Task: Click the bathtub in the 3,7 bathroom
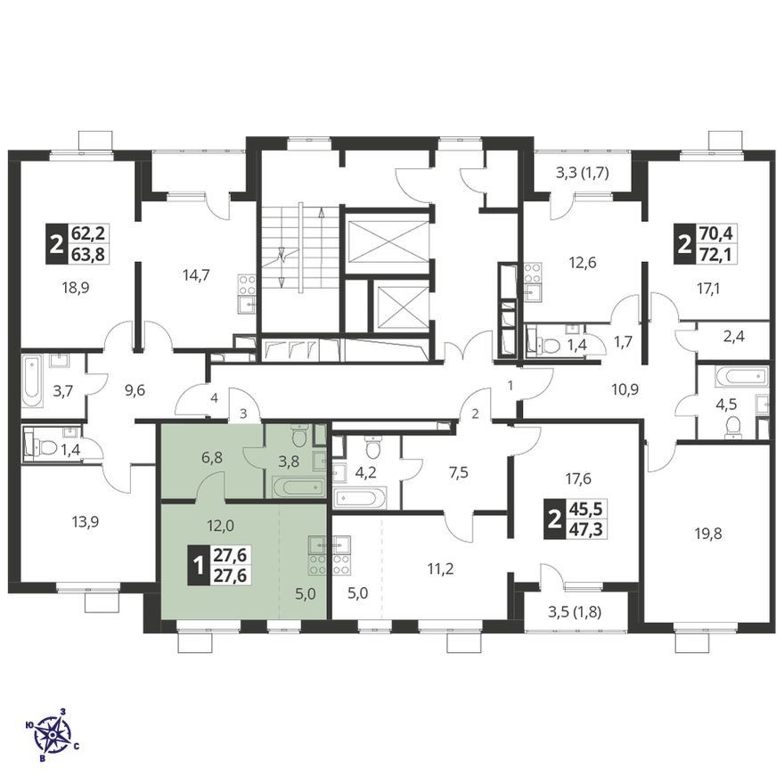point(32,382)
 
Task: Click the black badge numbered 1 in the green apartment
point(198,566)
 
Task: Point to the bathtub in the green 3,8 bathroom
point(298,487)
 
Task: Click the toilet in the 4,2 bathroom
point(373,448)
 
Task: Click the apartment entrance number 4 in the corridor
point(215,398)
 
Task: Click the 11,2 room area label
point(441,568)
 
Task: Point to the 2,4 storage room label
point(733,337)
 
